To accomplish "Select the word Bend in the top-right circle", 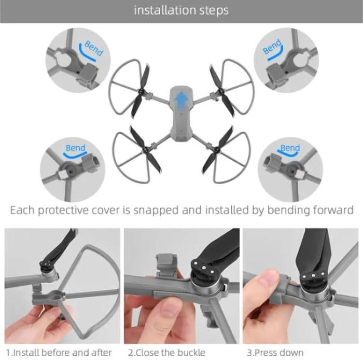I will pyautogui.click(x=272, y=47).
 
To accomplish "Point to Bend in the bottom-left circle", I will pyautogui.click(x=76, y=148).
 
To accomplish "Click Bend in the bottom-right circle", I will pyautogui.click(x=290, y=148).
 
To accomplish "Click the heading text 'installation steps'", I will pyautogui.click(x=181, y=10).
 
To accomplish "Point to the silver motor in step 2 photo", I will pyautogui.click(x=205, y=290).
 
